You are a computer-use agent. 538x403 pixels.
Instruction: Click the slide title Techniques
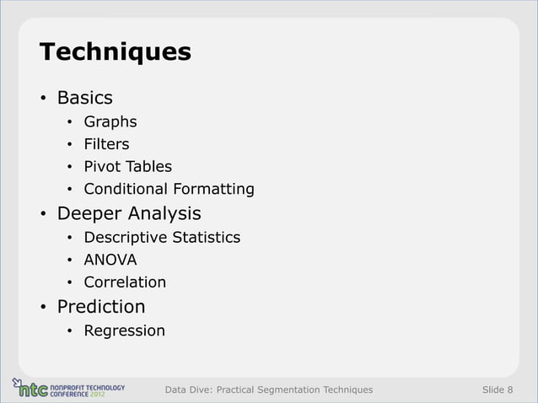coord(116,52)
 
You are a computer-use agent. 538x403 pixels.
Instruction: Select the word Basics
coord(84,98)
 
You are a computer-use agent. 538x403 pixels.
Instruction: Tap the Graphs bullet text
coord(110,122)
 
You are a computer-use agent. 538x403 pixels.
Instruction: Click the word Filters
coord(106,144)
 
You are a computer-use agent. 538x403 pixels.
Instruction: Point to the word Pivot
coord(100,166)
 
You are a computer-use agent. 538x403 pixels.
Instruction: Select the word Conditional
coord(126,188)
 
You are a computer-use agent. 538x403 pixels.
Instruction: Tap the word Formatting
coord(213,188)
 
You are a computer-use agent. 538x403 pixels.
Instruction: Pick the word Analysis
coord(165,212)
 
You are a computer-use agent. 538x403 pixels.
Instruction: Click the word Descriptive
coord(126,237)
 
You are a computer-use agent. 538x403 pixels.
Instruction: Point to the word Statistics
coord(207,237)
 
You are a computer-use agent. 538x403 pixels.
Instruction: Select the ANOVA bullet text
coord(110,260)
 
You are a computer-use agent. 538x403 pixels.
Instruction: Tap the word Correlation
coord(125,282)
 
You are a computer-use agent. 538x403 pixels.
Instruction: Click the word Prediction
coord(100,306)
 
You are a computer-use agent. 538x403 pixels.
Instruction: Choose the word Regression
coord(124,330)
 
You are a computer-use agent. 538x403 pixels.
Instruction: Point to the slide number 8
coord(509,390)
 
